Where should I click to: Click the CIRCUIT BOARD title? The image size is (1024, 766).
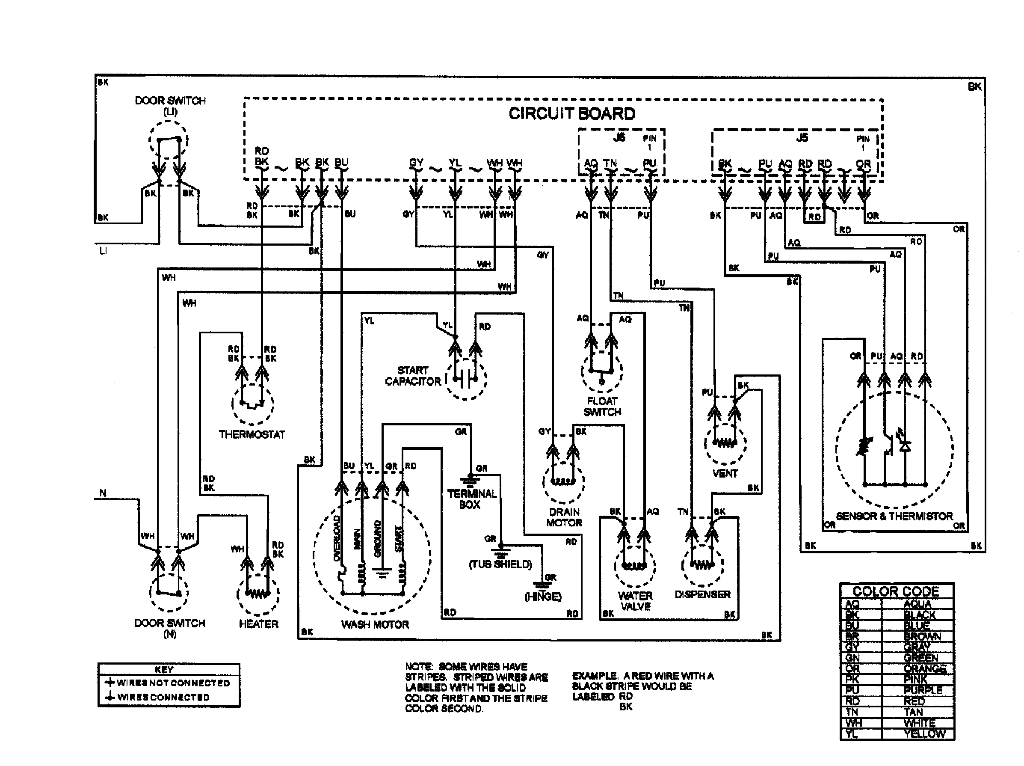572,113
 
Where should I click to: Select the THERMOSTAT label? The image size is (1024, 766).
252,434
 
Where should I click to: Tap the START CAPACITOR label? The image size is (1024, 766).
412,376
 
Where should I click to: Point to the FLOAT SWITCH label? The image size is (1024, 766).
602,407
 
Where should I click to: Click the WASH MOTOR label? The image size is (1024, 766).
375,624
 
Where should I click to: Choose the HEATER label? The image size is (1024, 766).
258,624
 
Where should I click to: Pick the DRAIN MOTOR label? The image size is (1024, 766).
564,517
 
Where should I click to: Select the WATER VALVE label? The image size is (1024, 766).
635,601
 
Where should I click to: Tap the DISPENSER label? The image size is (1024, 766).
702,594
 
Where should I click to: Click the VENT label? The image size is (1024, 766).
725,473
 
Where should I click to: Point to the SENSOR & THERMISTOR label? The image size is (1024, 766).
894,516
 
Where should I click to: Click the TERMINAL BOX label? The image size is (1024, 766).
471,499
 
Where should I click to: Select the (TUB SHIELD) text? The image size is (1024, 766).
500,564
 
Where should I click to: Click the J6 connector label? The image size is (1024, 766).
619,137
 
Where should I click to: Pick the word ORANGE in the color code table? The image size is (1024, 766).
924,669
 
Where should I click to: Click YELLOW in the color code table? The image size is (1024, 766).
924,733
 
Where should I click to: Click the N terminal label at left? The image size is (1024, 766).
103,493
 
